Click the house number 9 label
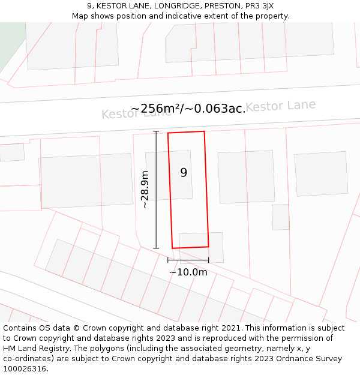(x=184, y=173)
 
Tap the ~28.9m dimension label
(x=145, y=190)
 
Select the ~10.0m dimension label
(x=188, y=272)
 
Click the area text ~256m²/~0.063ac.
(x=188, y=109)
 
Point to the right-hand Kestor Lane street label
(x=280, y=106)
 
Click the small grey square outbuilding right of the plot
(x=280, y=217)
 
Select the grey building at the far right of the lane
(x=321, y=173)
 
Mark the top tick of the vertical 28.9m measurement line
(x=156, y=131)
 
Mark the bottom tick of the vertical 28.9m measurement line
(x=156, y=248)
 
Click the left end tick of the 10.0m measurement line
(x=168, y=260)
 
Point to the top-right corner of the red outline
(x=204, y=131)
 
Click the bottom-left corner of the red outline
(x=173, y=248)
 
